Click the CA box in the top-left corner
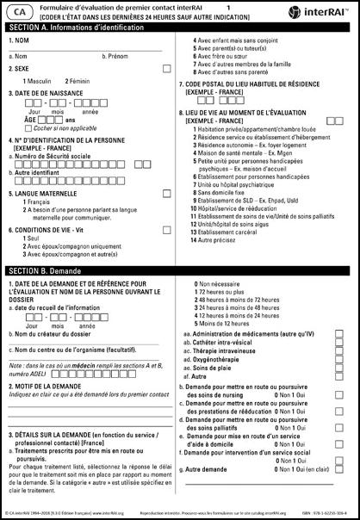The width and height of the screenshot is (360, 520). [x=20, y=10]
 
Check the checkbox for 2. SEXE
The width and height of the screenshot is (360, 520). [x=166, y=66]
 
